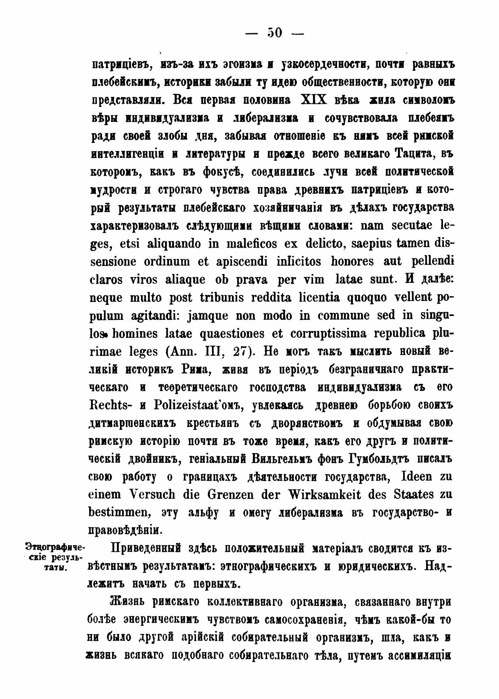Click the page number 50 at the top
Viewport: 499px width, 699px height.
275,33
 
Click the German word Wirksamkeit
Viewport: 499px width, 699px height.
318,495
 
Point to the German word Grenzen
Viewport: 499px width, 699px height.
231,495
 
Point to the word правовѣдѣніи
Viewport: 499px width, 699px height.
124,530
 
